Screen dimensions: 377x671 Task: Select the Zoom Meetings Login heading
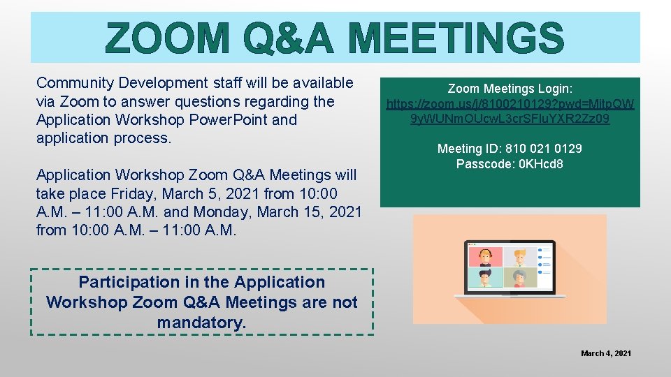(510, 89)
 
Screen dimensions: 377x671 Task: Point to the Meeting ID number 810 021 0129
(537, 149)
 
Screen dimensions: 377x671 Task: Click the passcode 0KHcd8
(539, 164)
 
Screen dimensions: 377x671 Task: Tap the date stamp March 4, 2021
(606, 353)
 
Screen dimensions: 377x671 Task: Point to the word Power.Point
(227, 119)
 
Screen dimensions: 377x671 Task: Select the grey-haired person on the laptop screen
(518, 278)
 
